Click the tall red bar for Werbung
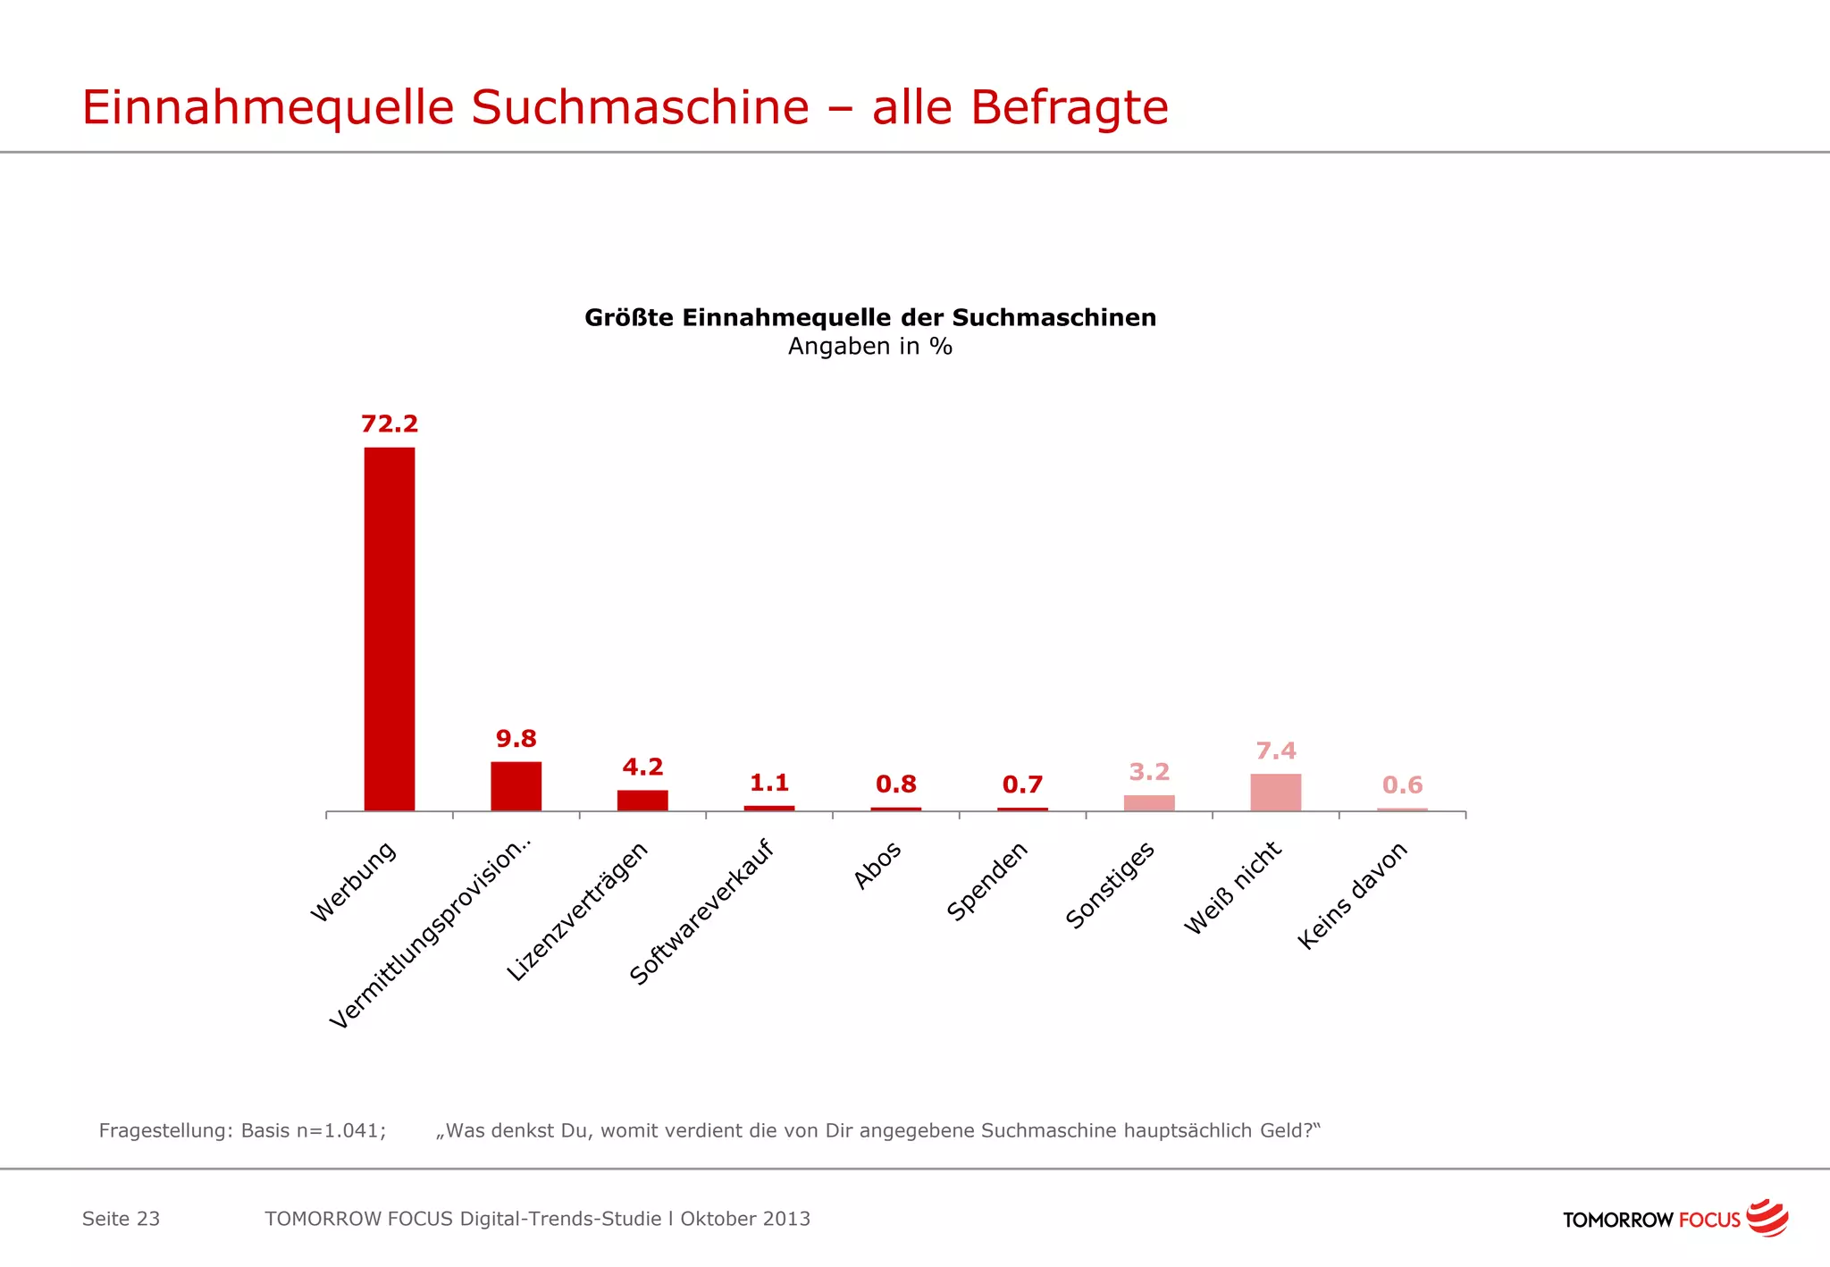click(x=389, y=628)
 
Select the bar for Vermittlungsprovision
click(x=516, y=786)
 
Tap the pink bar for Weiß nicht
click(x=1275, y=792)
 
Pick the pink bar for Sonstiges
click(x=1149, y=802)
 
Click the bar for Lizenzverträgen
click(x=642, y=800)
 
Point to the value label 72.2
click(x=389, y=424)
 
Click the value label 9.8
click(x=516, y=739)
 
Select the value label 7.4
click(x=1275, y=751)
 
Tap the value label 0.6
click(x=1402, y=785)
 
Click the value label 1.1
click(x=769, y=783)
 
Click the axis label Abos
click(x=877, y=865)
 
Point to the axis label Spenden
click(x=987, y=881)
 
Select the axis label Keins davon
click(x=1352, y=895)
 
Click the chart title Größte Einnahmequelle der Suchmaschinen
click(x=869, y=317)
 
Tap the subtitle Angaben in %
click(x=869, y=347)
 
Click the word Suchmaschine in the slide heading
click(x=640, y=107)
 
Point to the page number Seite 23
click(x=121, y=1219)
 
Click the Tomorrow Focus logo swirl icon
click(x=1767, y=1217)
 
